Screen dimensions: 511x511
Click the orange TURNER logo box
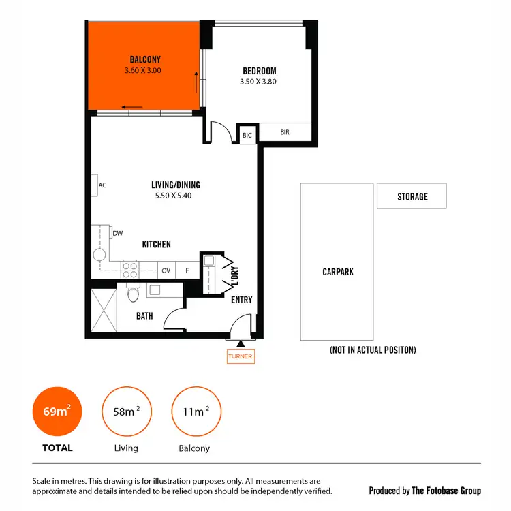(x=241, y=356)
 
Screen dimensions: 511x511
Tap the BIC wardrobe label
(x=247, y=136)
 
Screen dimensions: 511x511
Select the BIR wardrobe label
(x=285, y=132)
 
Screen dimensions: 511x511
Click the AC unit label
(x=102, y=185)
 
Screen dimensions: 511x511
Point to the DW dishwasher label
(x=117, y=234)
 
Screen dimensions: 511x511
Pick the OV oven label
(x=166, y=270)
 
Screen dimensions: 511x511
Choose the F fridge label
(x=187, y=270)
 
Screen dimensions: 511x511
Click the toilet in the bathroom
(x=134, y=293)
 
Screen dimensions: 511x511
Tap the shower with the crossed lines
(x=104, y=310)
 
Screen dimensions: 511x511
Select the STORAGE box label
(x=412, y=196)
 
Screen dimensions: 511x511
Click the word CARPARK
(x=338, y=272)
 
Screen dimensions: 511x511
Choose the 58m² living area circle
(x=126, y=412)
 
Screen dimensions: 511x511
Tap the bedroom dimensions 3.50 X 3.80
(x=258, y=82)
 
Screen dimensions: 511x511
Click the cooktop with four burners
(x=129, y=270)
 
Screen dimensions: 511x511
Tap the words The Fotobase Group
(x=446, y=491)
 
